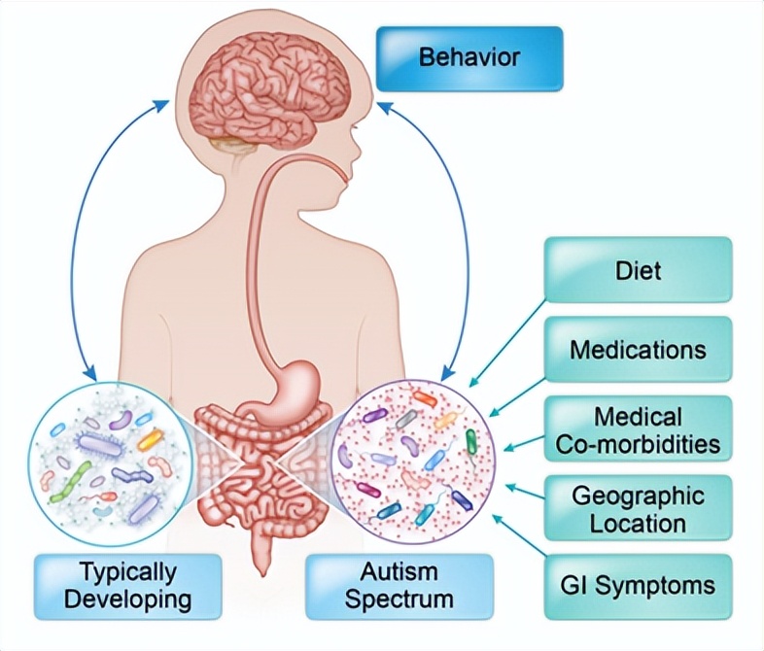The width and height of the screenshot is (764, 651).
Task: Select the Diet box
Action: coord(638,269)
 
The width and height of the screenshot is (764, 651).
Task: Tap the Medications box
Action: coord(638,348)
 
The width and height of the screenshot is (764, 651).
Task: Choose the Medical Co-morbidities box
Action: coord(638,430)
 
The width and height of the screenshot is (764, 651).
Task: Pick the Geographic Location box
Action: coord(638,509)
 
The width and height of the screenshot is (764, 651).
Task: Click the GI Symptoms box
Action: coord(638,586)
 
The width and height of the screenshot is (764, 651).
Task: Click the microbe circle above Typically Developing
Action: coord(102,457)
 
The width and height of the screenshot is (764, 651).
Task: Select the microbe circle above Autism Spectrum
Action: coord(414,457)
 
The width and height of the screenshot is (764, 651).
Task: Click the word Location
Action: coord(638,523)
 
